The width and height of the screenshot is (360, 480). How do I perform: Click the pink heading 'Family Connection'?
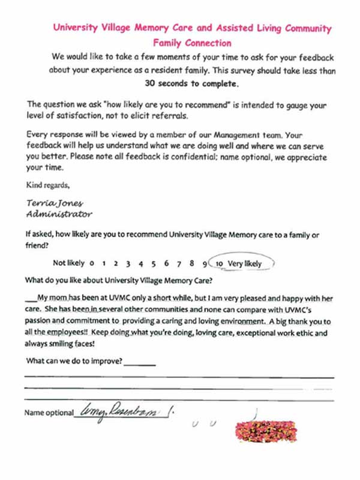pos(192,43)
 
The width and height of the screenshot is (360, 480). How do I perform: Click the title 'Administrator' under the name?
pos(59,214)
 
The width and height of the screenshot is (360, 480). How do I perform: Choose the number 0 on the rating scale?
pos(92,263)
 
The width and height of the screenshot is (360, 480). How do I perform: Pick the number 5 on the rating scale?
pos(154,263)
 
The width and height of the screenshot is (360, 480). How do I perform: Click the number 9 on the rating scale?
pos(205,263)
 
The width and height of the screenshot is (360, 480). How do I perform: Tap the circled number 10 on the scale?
pos(220,263)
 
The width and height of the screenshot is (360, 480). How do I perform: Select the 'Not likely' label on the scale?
pos(68,263)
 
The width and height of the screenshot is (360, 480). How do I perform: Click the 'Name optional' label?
pos(48,413)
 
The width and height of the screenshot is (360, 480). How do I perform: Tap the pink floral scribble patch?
pos(266,428)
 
